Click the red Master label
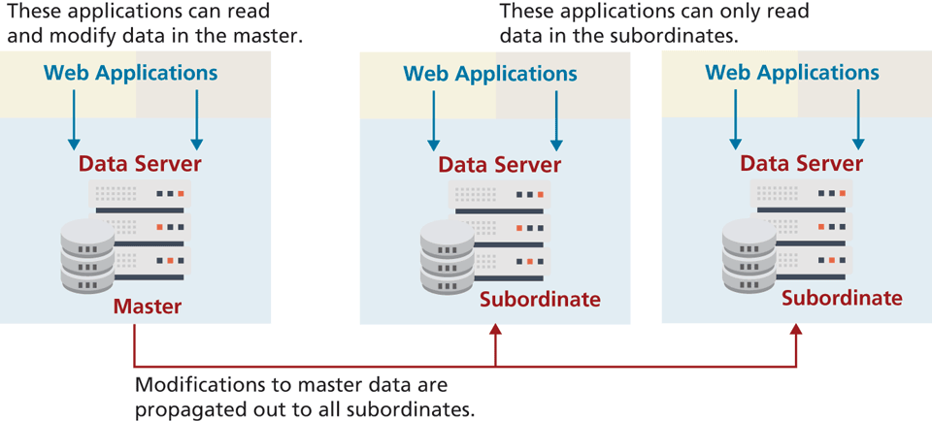point(147,307)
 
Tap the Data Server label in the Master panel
point(141,163)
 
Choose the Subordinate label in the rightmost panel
point(842,299)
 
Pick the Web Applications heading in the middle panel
point(490,74)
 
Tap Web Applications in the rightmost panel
point(792,73)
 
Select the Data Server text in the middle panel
point(500,165)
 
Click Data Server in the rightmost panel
point(801,164)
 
